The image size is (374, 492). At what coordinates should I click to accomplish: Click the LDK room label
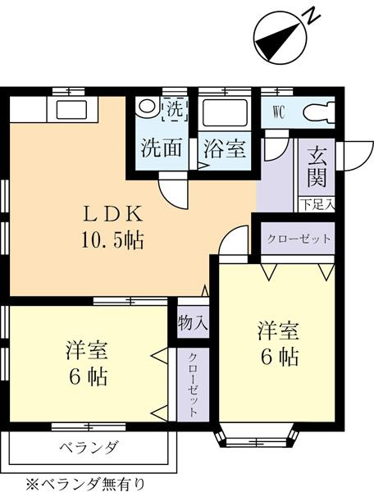click(x=112, y=216)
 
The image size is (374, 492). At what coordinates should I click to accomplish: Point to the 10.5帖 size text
click(x=113, y=240)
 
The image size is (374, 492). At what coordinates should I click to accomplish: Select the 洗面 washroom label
click(x=162, y=150)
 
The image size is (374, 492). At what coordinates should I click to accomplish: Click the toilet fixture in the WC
click(x=317, y=112)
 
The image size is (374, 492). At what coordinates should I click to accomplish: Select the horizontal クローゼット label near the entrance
click(x=298, y=239)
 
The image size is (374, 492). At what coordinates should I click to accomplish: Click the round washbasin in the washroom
click(x=148, y=108)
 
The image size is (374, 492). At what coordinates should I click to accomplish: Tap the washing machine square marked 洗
click(x=175, y=108)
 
